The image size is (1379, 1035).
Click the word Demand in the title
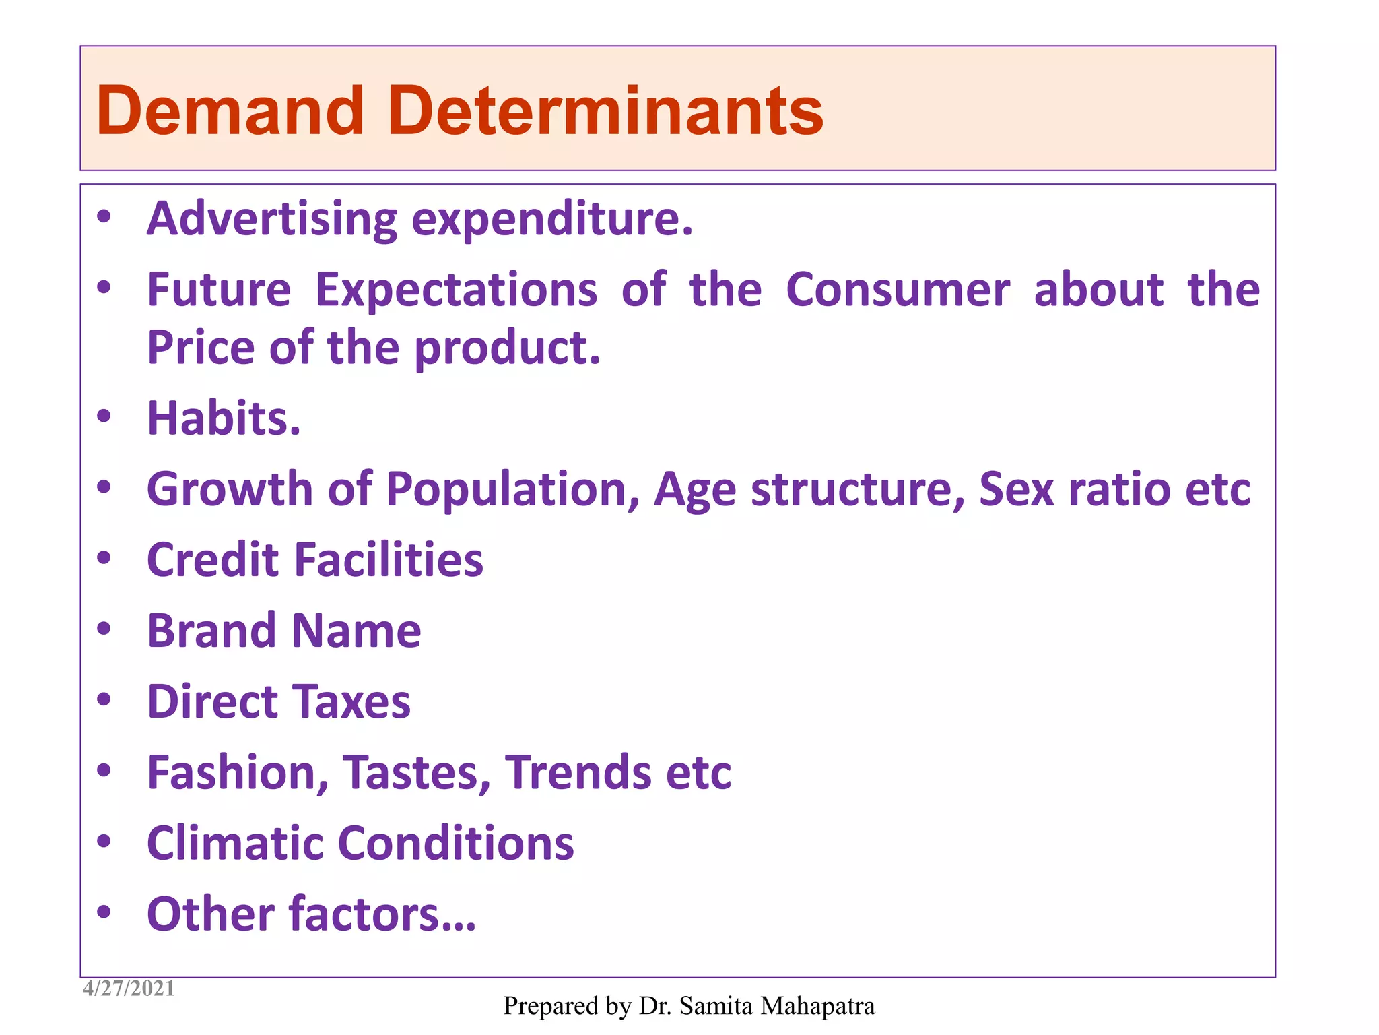[230, 111]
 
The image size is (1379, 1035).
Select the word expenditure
[552, 220]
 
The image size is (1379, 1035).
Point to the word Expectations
[456, 290]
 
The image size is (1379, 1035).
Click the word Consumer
[898, 290]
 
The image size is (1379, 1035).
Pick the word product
[506, 348]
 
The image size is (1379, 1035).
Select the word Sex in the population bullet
[1016, 489]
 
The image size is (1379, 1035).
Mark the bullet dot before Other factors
[104, 912]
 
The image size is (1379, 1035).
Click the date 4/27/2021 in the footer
[129, 989]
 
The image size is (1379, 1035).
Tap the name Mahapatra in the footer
[817, 1006]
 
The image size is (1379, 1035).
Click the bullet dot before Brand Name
[104, 629]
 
